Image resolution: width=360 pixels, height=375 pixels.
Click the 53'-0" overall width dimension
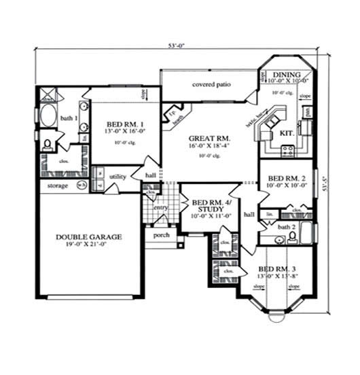point(177,46)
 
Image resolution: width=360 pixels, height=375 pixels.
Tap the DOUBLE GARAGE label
point(89,237)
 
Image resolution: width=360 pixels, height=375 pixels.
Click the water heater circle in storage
point(82,184)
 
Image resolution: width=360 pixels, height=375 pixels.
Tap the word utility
point(118,177)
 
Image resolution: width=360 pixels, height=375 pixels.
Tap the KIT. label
point(287,134)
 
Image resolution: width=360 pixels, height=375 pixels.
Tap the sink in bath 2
point(278,240)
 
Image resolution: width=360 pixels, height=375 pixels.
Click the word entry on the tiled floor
point(160,207)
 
